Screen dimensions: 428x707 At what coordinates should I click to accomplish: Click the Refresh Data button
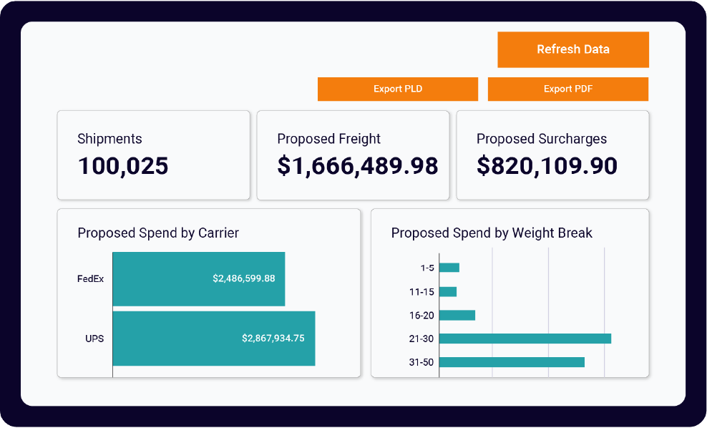(x=573, y=49)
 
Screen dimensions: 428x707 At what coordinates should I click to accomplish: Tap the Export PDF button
(x=568, y=89)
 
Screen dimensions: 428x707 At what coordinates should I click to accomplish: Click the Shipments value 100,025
(x=123, y=166)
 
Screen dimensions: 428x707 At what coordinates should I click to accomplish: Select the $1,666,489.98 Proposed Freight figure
(x=357, y=166)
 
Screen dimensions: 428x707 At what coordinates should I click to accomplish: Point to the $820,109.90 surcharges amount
(x=547, y=166)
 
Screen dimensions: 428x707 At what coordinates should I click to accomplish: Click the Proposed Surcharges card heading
(x=541, y=139)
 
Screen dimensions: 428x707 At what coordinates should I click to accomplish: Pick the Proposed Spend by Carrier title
(x=158, y=233)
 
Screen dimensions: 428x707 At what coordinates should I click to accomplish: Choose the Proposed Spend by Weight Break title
(x=492, y=233)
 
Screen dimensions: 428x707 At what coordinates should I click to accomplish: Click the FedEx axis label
(x=90, y=278)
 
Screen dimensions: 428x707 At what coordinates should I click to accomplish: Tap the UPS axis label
(x=94, y=338)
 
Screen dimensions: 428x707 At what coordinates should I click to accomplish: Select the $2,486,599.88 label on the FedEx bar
(x=244, y=278)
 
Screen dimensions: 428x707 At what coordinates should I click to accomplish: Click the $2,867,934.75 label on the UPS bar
(x=273, y=338)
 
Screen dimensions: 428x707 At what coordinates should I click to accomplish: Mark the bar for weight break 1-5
(x=449, y=268)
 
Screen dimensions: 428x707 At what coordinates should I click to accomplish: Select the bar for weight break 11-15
(x=448, y=291)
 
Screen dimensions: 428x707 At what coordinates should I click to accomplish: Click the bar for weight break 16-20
(x=457, y=315)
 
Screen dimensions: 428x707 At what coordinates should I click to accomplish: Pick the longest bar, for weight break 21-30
(x=525, y=339)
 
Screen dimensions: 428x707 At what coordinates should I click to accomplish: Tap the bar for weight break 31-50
(x=512, y=362)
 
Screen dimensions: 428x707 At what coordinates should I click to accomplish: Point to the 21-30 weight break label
(x=421, y=339)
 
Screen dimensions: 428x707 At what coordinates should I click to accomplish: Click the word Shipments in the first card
(x=109, y=139)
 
